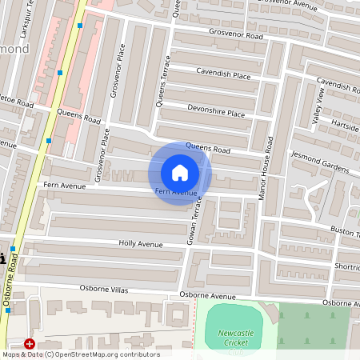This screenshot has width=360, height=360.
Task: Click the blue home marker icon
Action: pos(180,173)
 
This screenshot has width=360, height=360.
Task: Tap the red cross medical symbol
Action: pos(30,344)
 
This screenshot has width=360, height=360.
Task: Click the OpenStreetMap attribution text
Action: pos(81,354)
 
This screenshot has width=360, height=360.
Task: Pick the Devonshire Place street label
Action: pos(216,112)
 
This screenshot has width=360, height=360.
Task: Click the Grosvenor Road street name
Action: pos(233,36)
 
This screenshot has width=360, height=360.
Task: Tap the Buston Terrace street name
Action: pos(344,230)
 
